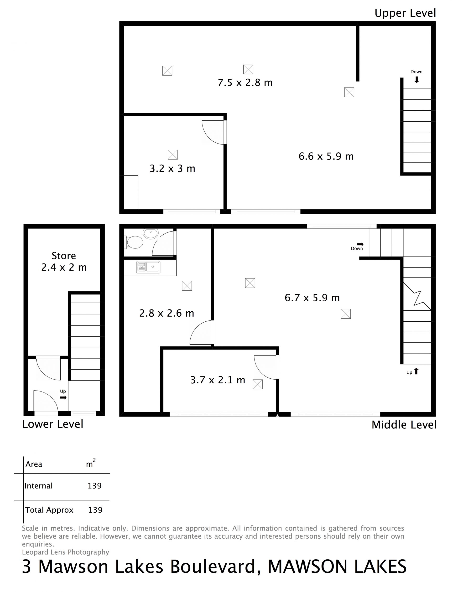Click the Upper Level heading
(405, 13)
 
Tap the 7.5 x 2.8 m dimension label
(245, 82)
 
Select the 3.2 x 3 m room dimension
(172, 169)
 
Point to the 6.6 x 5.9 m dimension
(326, 156)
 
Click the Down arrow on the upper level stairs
(417, 80)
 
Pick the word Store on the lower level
(64, 256)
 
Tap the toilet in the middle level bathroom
(134, 242)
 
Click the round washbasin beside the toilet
(151, 234)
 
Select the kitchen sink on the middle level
(148, 267)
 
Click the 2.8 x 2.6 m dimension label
(167, 313)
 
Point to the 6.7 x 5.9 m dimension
(312, 298)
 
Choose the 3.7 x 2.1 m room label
(218, 380)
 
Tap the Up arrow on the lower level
(63, 397)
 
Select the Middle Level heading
(404, 425)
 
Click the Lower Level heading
(53, 424)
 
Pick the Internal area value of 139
(95, 485)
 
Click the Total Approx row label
(49, 510)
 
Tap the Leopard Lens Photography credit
(66, 552)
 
